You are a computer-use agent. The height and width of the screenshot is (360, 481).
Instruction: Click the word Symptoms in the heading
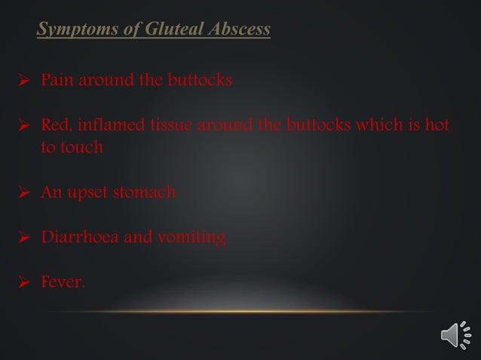(x=72, y=30)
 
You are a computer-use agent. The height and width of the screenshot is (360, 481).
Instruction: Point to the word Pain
(x=56, y=79)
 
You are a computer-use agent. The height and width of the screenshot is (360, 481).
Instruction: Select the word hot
(x=437, y=124)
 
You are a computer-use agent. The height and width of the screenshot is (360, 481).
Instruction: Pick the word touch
(x=81, y=147)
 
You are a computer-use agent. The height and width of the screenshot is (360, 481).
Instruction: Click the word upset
(x=87, y=193)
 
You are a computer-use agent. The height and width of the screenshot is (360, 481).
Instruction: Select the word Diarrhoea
(x=75, y=238)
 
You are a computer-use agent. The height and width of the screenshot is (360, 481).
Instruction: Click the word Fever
(x=63, y=283)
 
